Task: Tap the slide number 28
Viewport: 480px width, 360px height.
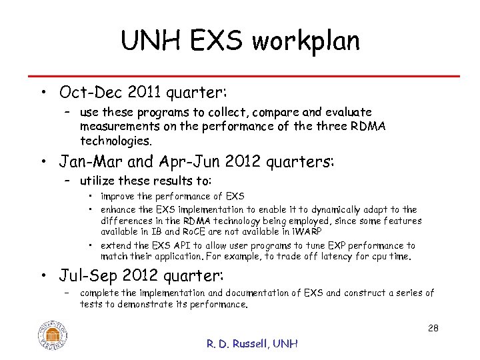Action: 433,328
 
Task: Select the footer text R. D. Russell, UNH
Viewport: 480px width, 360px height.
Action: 252,343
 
